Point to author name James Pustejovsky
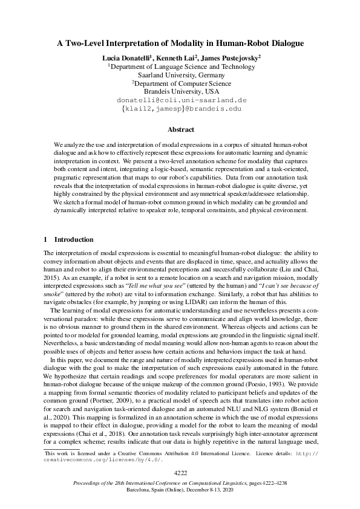click(231, 57)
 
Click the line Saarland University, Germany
click(179, 75)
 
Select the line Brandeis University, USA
click(180, 92)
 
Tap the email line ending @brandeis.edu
click(179, 109)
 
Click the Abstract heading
click(180, 129)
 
